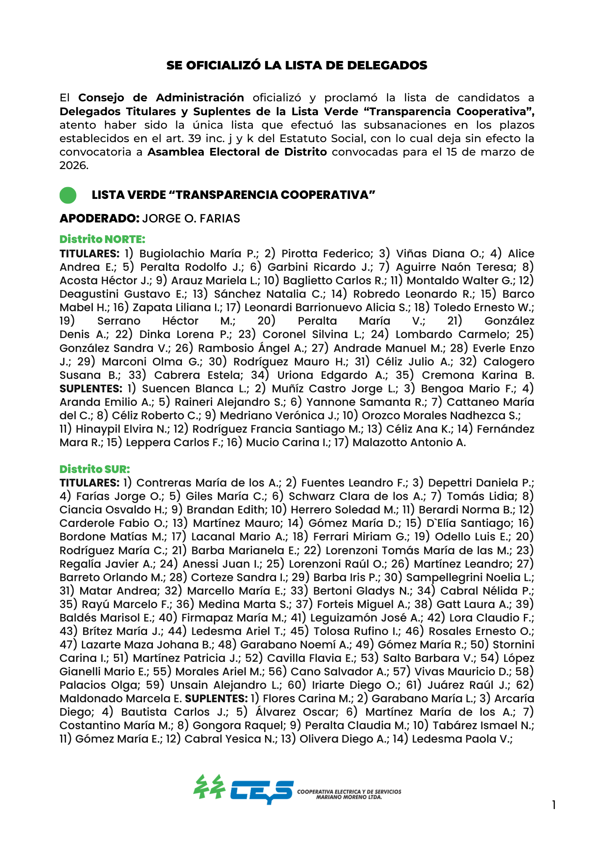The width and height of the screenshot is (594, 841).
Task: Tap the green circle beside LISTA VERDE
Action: tap(68, 195)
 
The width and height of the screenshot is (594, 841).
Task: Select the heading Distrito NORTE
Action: tap(102, 239)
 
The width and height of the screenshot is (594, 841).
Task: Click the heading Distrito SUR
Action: tap(95, 469)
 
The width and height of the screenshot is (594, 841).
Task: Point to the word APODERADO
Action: tap(99, 219)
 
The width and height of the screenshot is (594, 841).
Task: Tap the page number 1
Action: tap(554, 805)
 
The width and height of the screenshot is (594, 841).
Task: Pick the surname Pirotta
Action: tap(298, 254)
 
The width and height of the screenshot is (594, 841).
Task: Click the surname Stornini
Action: tap(513, 645)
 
